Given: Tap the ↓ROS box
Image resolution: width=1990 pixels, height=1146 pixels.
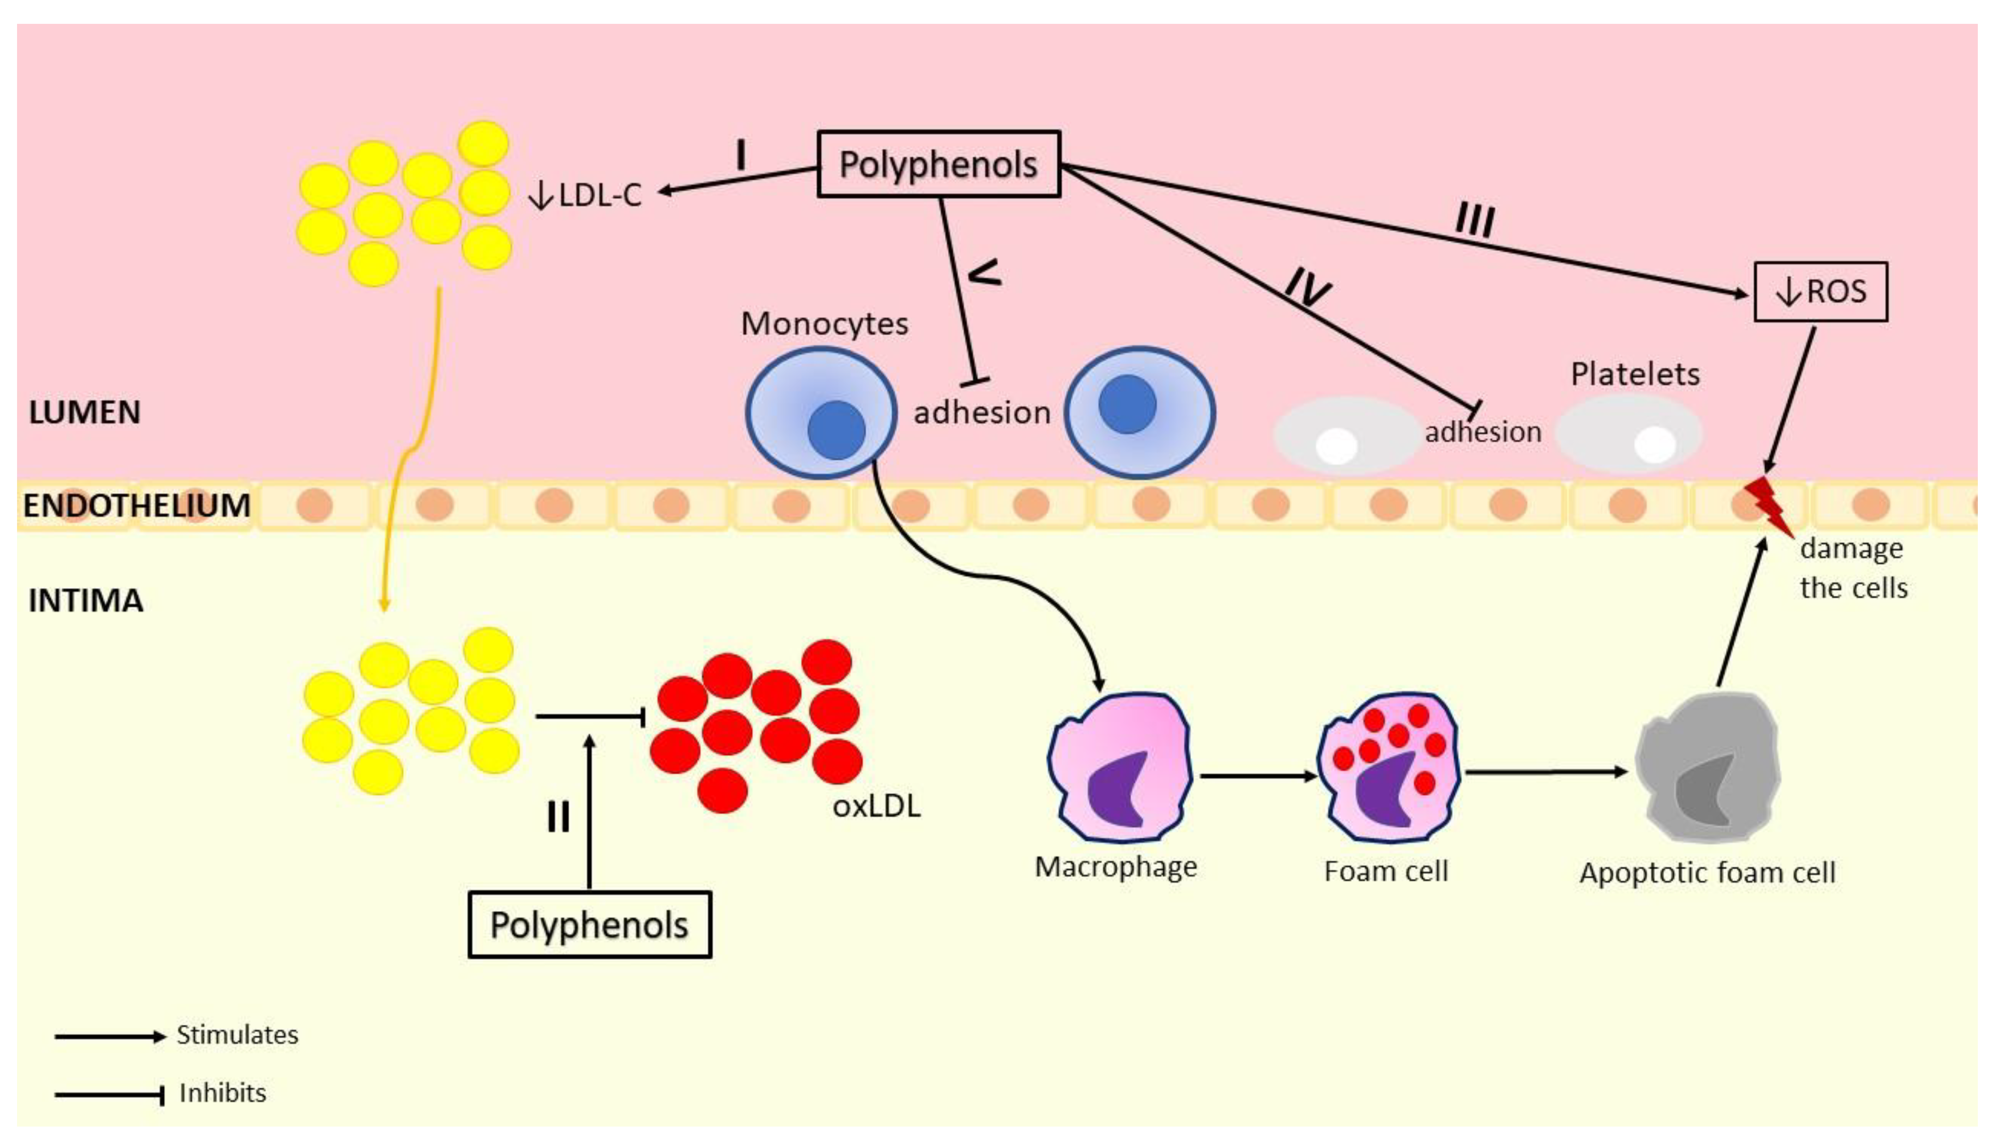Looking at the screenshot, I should (1820, 292).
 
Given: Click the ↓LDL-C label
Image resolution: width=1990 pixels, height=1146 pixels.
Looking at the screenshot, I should (586, 195).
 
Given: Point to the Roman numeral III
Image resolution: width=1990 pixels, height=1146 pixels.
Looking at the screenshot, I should (1474, 220).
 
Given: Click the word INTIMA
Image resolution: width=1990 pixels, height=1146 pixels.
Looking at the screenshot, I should (86, 601).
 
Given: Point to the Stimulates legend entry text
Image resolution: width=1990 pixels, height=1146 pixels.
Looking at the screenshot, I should (237, 1034).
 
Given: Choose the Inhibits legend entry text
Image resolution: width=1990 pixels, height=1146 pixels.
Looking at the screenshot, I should (223, 1092).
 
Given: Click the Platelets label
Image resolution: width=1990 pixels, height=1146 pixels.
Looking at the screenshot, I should (1634, 374).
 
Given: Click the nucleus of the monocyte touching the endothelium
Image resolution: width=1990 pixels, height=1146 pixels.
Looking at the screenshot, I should (836, 430).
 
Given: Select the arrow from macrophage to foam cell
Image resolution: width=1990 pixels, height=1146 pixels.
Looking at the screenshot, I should (1257, 776).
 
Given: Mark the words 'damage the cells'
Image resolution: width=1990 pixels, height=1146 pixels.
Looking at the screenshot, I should (1852, 568).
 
